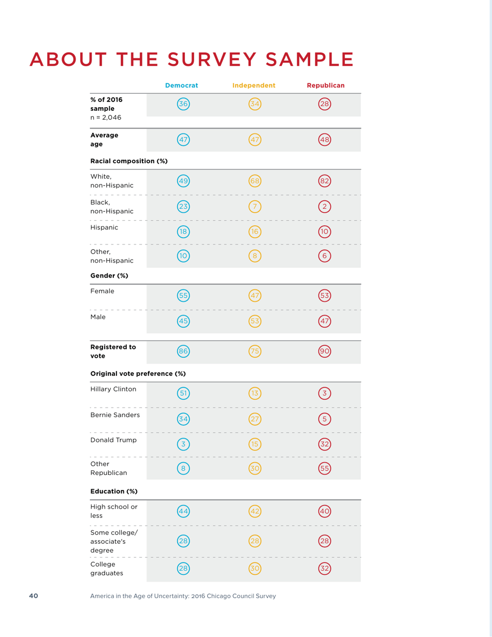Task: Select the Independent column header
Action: pyautogui.click(x=254, y=85)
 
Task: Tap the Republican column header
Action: pyautogui.click(x=326, y=85)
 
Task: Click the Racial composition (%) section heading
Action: pyautogui.click(x=128, y=161)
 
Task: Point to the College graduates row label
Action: pyautogui.click(x=105, y=569)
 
